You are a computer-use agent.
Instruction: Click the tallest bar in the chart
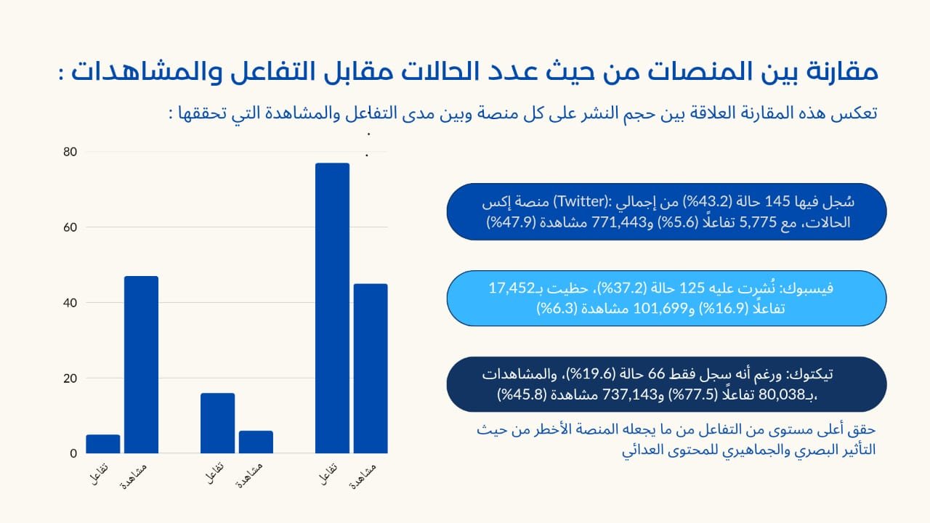(x=332, y=308)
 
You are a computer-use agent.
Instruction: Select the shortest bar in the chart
(x=102, y=444)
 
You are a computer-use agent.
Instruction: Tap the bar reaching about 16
(x=217, y=423)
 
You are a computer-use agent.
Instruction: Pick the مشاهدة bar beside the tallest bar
(x=371, y=368)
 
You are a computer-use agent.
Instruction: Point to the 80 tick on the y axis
(x=70, y=152)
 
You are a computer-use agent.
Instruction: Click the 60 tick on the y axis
(x=70, y=227)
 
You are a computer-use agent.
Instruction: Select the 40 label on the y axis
(x=70, y=303)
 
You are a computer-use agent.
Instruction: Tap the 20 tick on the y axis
(x=70, y=378)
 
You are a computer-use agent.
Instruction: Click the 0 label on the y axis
(x=73, y=454)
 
